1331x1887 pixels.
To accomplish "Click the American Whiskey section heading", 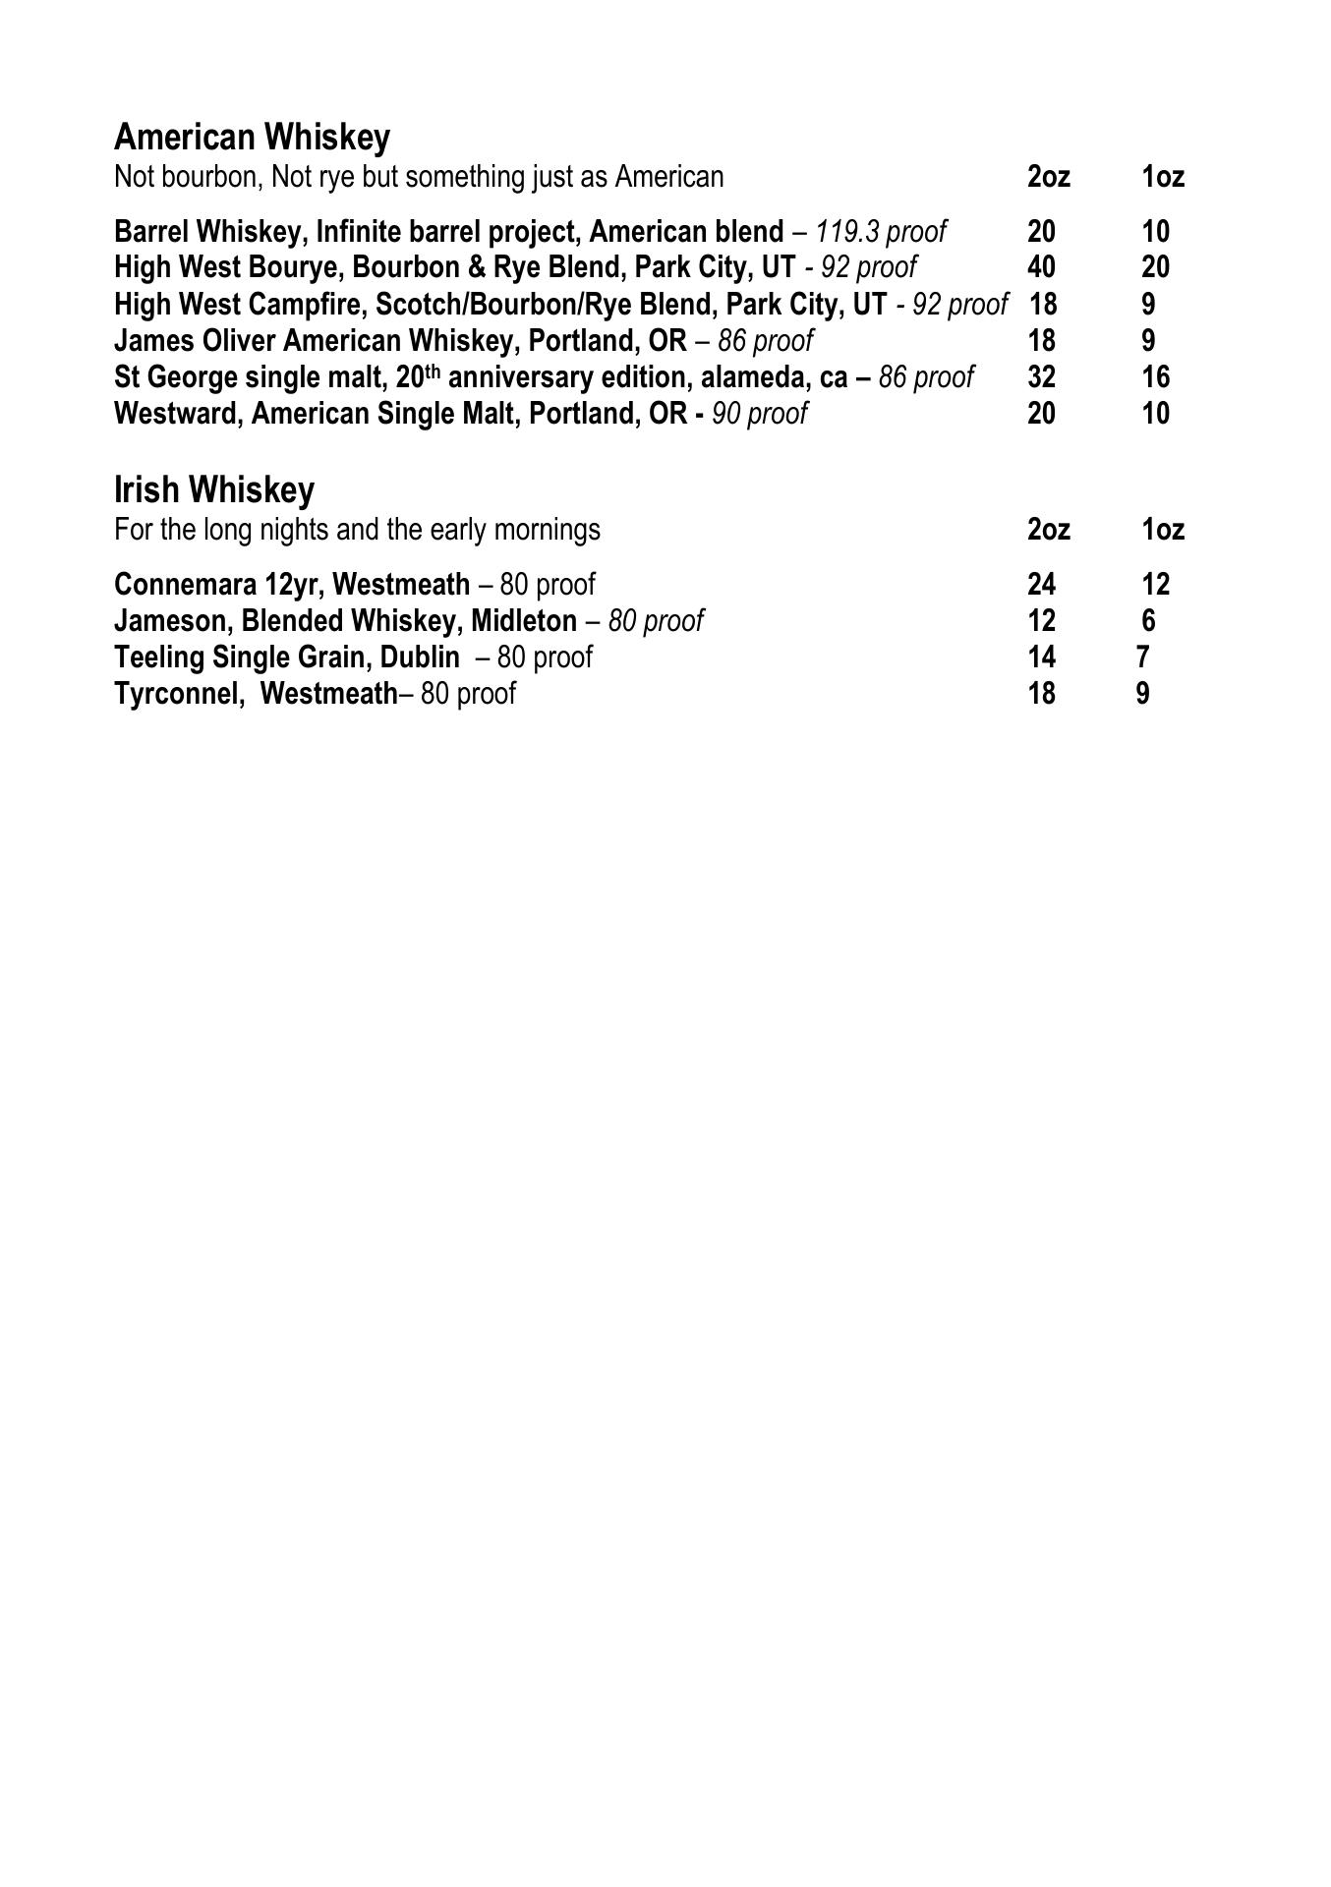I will pyautogui.click(x=252, y=137).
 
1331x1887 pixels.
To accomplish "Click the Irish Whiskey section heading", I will pyautogui.click(x=214, y=489).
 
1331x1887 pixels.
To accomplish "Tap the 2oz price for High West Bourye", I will pyautogui.click(x=1041, y=267).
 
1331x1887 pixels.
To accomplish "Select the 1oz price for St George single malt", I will pyautogui.click(x=1156, y=377).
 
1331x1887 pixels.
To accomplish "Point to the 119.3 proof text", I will pyautogui.click(x=881, y=232).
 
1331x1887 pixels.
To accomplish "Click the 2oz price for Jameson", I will pyautogui.click(x=1041, y=621).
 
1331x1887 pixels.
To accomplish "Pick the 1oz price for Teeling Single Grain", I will pyautogui.click(x=1143, y=657).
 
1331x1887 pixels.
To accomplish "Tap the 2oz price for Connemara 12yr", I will pyautogui.click(x=1041, y=585).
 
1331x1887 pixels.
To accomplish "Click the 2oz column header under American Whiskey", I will pyautogui.click(x=1048, y=177).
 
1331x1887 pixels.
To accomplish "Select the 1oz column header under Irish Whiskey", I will pyautogui.click(x=1163, y=530).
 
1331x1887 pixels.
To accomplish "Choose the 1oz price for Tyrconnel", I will pyautogui.click(x=1143, y=694).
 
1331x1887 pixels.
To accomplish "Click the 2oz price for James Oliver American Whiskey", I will pyautogui.click(x=1041, y=341).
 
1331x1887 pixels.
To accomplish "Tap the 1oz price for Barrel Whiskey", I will pyautogui.click(x=1156, y=232).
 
